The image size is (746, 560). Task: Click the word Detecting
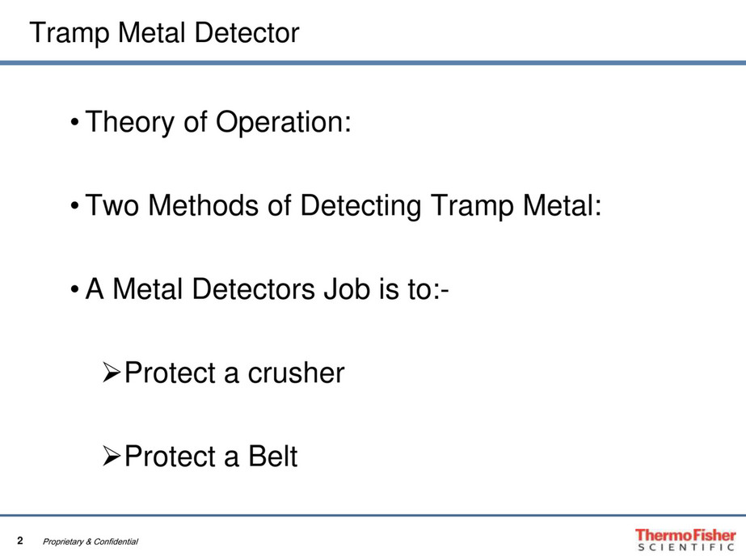click(360, 208)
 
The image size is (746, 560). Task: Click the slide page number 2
click(21, 540)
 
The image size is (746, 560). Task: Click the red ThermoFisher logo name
click(685, 535)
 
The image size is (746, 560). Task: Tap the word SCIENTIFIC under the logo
click(686, 548)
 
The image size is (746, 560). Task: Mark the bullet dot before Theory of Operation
click(74, 124)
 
